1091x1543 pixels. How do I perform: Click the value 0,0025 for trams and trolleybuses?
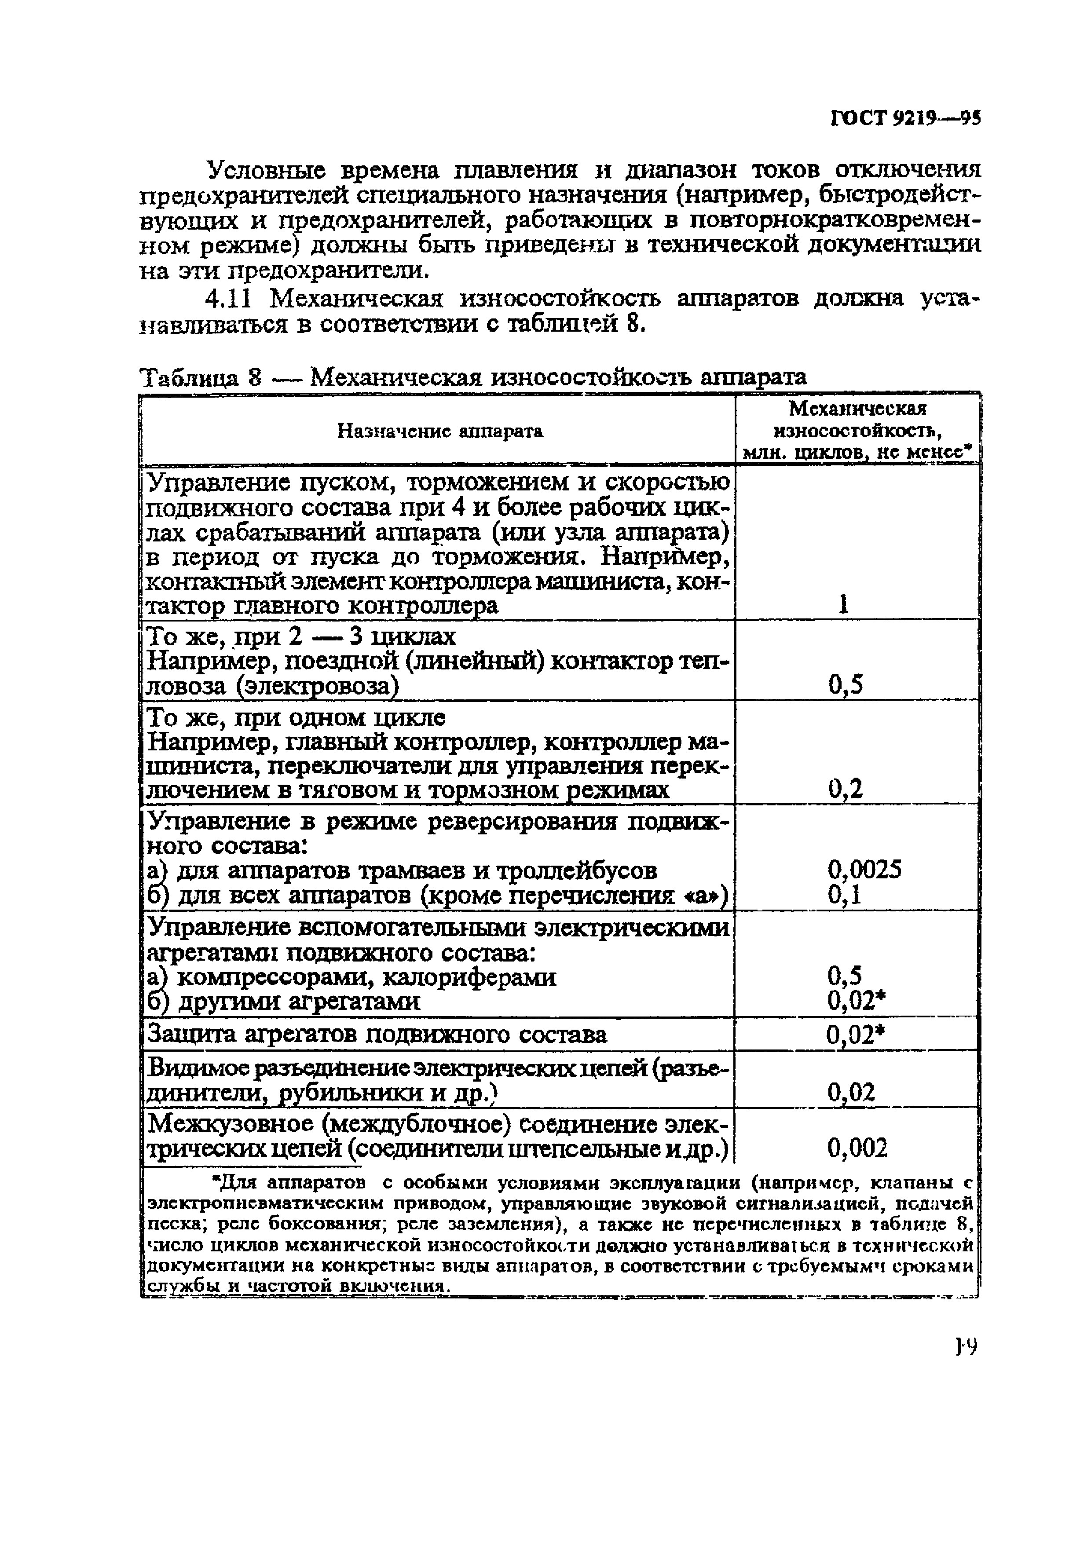tap(864, 870)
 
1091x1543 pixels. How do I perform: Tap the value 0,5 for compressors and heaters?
tap(845, 976)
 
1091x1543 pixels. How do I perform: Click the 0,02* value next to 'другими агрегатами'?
tap(854, 1002)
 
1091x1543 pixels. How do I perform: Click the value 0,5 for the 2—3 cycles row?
tap(845, 685)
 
